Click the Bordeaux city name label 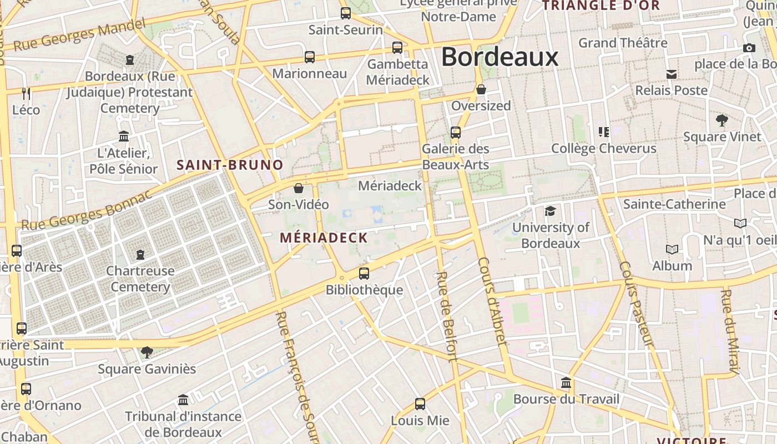500,57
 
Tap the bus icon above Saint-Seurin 346,13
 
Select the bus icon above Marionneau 310,57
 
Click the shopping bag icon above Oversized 481,89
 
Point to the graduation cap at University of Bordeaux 550,211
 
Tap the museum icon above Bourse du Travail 566,382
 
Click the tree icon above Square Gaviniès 147,352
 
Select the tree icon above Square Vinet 722,120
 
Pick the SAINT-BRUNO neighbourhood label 230,165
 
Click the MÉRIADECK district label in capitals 324,238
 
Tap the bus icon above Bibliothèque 364,273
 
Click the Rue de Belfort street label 446,316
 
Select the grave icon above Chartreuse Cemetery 140,254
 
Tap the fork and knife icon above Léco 26,93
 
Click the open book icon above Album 672,249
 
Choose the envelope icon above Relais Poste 672,74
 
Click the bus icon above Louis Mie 420,403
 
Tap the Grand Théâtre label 623,43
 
